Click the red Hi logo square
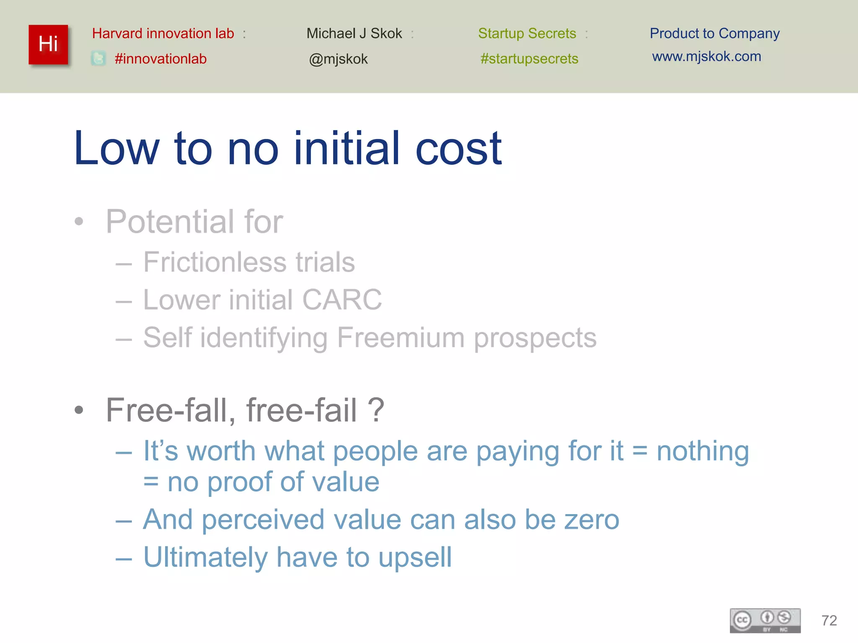(x=48, y=44)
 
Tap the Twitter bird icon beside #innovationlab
(x=98, y=58)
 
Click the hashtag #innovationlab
(x=160, y=59)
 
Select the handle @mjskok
(x=338, y=59)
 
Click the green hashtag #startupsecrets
(x=529, y=59)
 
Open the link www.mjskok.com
(x=706, y=57)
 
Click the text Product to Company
(x=714, y=33)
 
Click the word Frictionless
(x=214, y=262)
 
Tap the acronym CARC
(x=342, y=300)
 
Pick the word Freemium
(x=401, y=337)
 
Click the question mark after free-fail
(x=376, y=410)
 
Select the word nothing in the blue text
(x=703, y=451)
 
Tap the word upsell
(x=415, y=558)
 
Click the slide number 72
(x=829, y=620)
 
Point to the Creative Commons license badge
(x=765, y=620)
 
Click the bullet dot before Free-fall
(x=79, y=410)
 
